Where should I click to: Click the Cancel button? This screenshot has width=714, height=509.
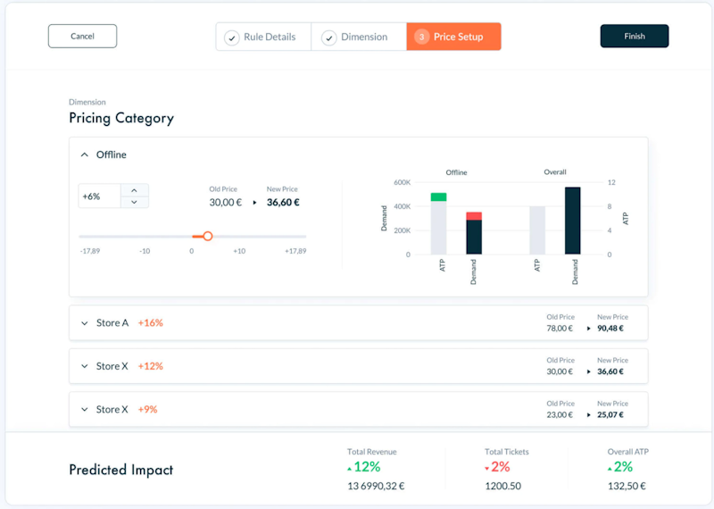click(82, 37)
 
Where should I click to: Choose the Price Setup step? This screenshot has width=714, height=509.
click(453, 37)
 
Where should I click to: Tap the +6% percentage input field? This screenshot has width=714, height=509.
click(98, 196)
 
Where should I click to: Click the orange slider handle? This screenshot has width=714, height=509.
click(208, 236)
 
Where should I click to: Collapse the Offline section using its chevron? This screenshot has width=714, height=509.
click(85, 155)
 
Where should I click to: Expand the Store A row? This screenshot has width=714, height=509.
click(85, 323)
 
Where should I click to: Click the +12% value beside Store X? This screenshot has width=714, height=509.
click(150, 366)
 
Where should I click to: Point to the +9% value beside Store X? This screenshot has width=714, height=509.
click(147, 409)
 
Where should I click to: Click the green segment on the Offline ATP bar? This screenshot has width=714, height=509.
click(438, 196)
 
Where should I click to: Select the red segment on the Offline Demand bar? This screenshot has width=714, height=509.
click(474, 216)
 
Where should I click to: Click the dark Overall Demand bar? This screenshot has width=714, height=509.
click(573, 221)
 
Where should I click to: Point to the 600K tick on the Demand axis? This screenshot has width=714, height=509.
click(402, 182)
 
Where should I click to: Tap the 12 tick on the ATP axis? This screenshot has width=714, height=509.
click(611, 182)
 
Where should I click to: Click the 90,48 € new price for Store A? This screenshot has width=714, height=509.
click(610, 329)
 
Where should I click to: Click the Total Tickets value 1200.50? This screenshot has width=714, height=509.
click(502, 487)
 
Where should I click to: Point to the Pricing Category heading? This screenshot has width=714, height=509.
click(121, 118)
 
